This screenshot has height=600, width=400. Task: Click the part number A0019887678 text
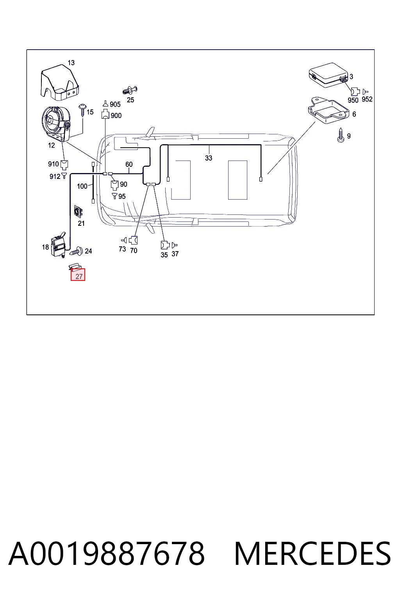(107, 554)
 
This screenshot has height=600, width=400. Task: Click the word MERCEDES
(312, 554)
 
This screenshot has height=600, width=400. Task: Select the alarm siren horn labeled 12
(57, 123)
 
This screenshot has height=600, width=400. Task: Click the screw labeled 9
(341, 135)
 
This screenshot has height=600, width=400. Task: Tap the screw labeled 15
(82, 110)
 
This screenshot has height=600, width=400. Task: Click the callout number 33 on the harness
(209, 158)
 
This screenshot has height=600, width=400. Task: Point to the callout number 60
(129, 164)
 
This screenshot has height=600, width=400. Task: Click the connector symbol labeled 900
(105, 114)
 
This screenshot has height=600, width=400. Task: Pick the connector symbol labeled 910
(64, 165)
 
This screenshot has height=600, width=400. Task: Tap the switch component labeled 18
(58, 245)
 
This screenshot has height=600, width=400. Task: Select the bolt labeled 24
(77, 251)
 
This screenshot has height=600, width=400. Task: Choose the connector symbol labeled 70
(134, 240)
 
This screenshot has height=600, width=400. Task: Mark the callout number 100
(82, 186)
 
